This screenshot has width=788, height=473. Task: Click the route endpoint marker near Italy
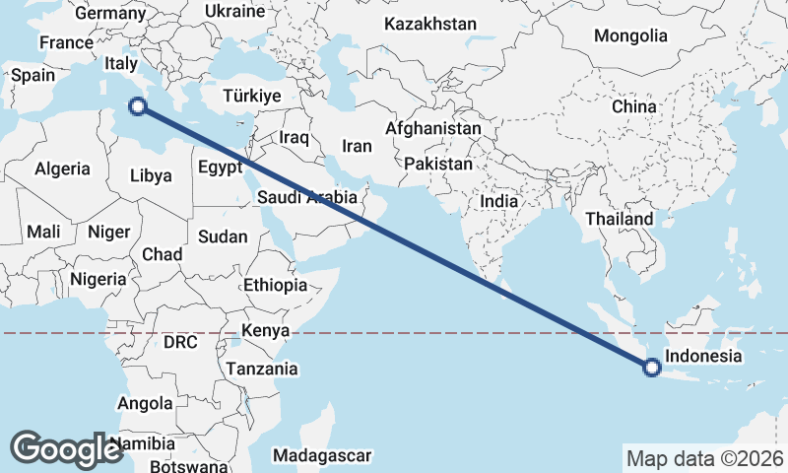coord(139,106)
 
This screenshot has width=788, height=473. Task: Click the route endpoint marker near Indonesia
coord(651,368)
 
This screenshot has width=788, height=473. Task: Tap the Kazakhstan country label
coord(430,23)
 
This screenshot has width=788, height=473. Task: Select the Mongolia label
coord(630,35)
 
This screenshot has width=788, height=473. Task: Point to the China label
coord(633,105)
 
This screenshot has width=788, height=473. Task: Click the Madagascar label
coord(322,455)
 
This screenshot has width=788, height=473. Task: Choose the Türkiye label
coord(252,96)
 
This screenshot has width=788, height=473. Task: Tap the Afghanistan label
coord(433,129)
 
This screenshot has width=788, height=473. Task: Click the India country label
coord(498,200)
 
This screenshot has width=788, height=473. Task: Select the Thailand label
coord(619,219)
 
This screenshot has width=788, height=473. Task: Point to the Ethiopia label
coord(275,285)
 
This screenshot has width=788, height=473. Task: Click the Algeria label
coord(63,169)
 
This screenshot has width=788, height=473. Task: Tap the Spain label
coord(33,75)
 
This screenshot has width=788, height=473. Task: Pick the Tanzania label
coord(262,369)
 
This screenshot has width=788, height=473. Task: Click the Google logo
coord(67,449)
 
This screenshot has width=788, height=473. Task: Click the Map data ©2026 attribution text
coord(704,458)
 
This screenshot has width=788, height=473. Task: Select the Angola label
coord(145,403)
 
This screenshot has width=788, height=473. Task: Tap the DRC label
coord(181,343)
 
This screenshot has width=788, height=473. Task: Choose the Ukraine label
coord(234,11)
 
